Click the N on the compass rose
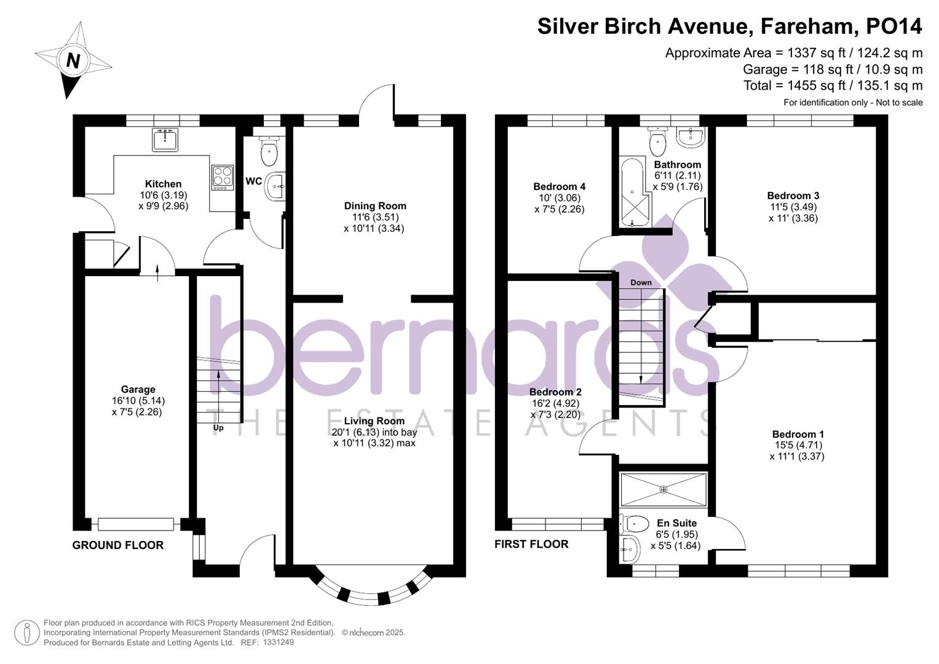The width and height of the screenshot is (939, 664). pyautogui.click(x=73, y=61)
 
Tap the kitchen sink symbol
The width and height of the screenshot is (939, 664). pyautogui.click(x=164, y=140)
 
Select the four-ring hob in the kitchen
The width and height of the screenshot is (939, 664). pyautogui.click(x=223, y=176)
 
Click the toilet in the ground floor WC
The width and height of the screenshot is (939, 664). pyautogui.click(x=269, y=152)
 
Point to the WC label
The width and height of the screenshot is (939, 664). pyautogui.click(x=253, y=181)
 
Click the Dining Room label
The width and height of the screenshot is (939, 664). pyautogui.click(x=374, y=206)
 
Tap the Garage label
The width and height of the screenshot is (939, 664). pyautogui.click(x=138, y=389)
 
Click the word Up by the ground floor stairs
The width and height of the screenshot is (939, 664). pyautogui.click(x=218, y=428)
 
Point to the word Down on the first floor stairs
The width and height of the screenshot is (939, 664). pyautogui.click(x=641, y=283)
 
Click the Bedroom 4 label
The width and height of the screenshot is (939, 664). pyautogui.click(x=559, y=186)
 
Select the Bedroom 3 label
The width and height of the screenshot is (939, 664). pyautogui.click(x=793, y=196)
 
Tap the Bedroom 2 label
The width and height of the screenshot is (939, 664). pyautogui.click(x=555, y=392)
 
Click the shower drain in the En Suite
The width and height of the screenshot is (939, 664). pyautogui.click(x=664, y=489)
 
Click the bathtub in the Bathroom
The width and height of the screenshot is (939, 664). pyautogui.click(x=632, y=193)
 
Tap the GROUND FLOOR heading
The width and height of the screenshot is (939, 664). pyautogui.click(x=117, y=545)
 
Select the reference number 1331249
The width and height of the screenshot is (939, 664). pyautogui.click(x=278, y=642)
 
